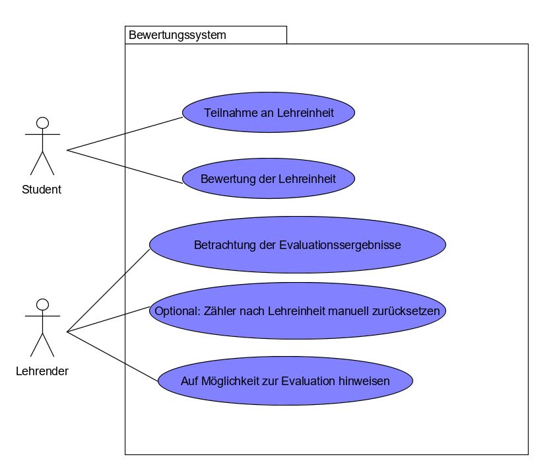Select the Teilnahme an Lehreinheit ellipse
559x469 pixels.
[x=269, y=113]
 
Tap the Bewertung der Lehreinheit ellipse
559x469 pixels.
[x=269, y=179]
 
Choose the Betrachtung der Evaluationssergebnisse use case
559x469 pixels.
[x=298, y=245]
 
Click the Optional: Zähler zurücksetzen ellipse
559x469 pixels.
[x=298, y=311]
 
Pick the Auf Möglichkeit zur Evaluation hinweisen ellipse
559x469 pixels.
[x=285, y=381]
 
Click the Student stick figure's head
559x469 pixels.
[x=43, y=123]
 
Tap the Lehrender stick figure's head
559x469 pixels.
[x=43, y=305]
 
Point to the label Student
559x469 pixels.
[x=42, y=190]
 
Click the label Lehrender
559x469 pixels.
[x=42, y=371]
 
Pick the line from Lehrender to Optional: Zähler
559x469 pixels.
[x=109, y=319]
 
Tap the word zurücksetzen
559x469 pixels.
[x=409, y=311]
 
